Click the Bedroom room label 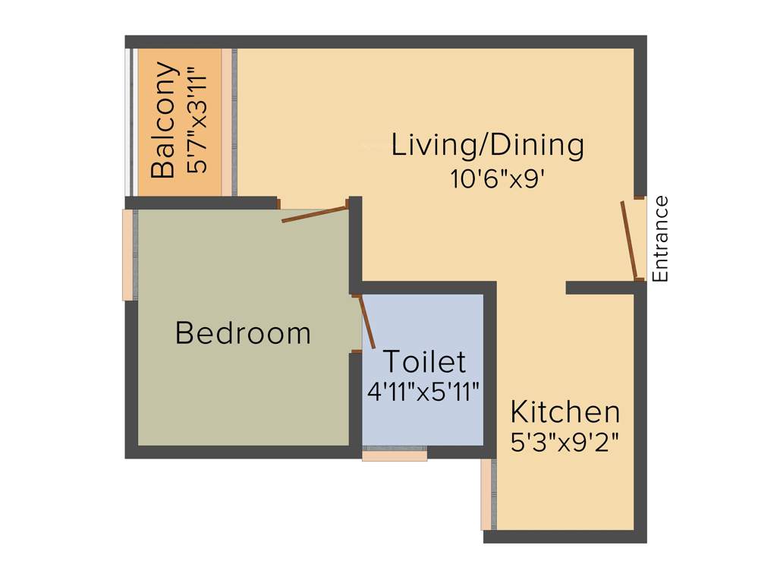pyautogui.click(x=243, y=333)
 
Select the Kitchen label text pyautogui.click(x=565, y=412)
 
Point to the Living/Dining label pyautogui.click(x=488, y=144)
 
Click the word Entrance pyautogui.click(x=661, y=239)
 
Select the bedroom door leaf pyautogui.click(x=315, y=213)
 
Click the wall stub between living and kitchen pyautogui.click(x=599, y=288)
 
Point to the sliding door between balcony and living pyautogui.click(x=231, y=121)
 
